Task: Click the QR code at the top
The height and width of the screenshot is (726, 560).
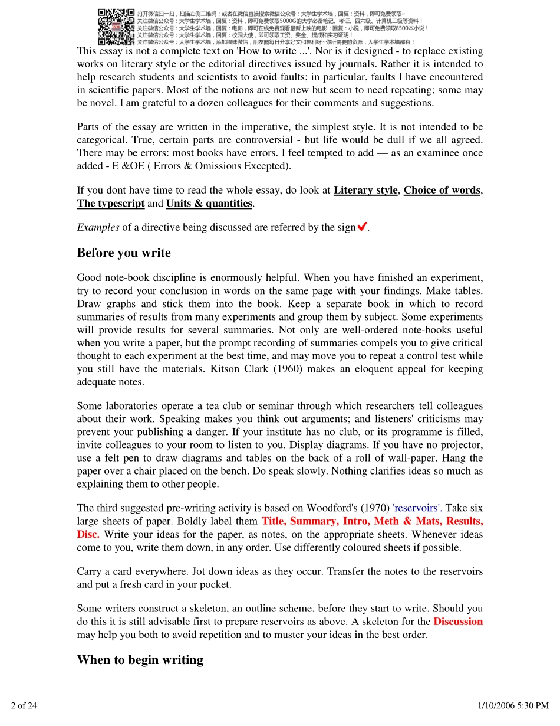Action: (116, 27)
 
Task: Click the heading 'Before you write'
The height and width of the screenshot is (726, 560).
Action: (124, 253)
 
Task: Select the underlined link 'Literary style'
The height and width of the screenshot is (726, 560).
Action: (365, 190)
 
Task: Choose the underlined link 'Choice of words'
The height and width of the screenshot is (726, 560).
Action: (442, 190)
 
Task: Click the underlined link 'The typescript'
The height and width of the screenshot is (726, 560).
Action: (111, 203)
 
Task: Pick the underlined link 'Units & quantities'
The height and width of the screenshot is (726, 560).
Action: (209, 203)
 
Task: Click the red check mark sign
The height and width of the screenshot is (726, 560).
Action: (363, 227)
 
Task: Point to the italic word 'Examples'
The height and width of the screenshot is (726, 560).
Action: (98, 227)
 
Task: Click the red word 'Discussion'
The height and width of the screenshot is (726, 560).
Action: (458, 622)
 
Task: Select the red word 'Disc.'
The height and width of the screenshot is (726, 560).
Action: (88, 534)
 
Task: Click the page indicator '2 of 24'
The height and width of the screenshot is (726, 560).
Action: (24, 705)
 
